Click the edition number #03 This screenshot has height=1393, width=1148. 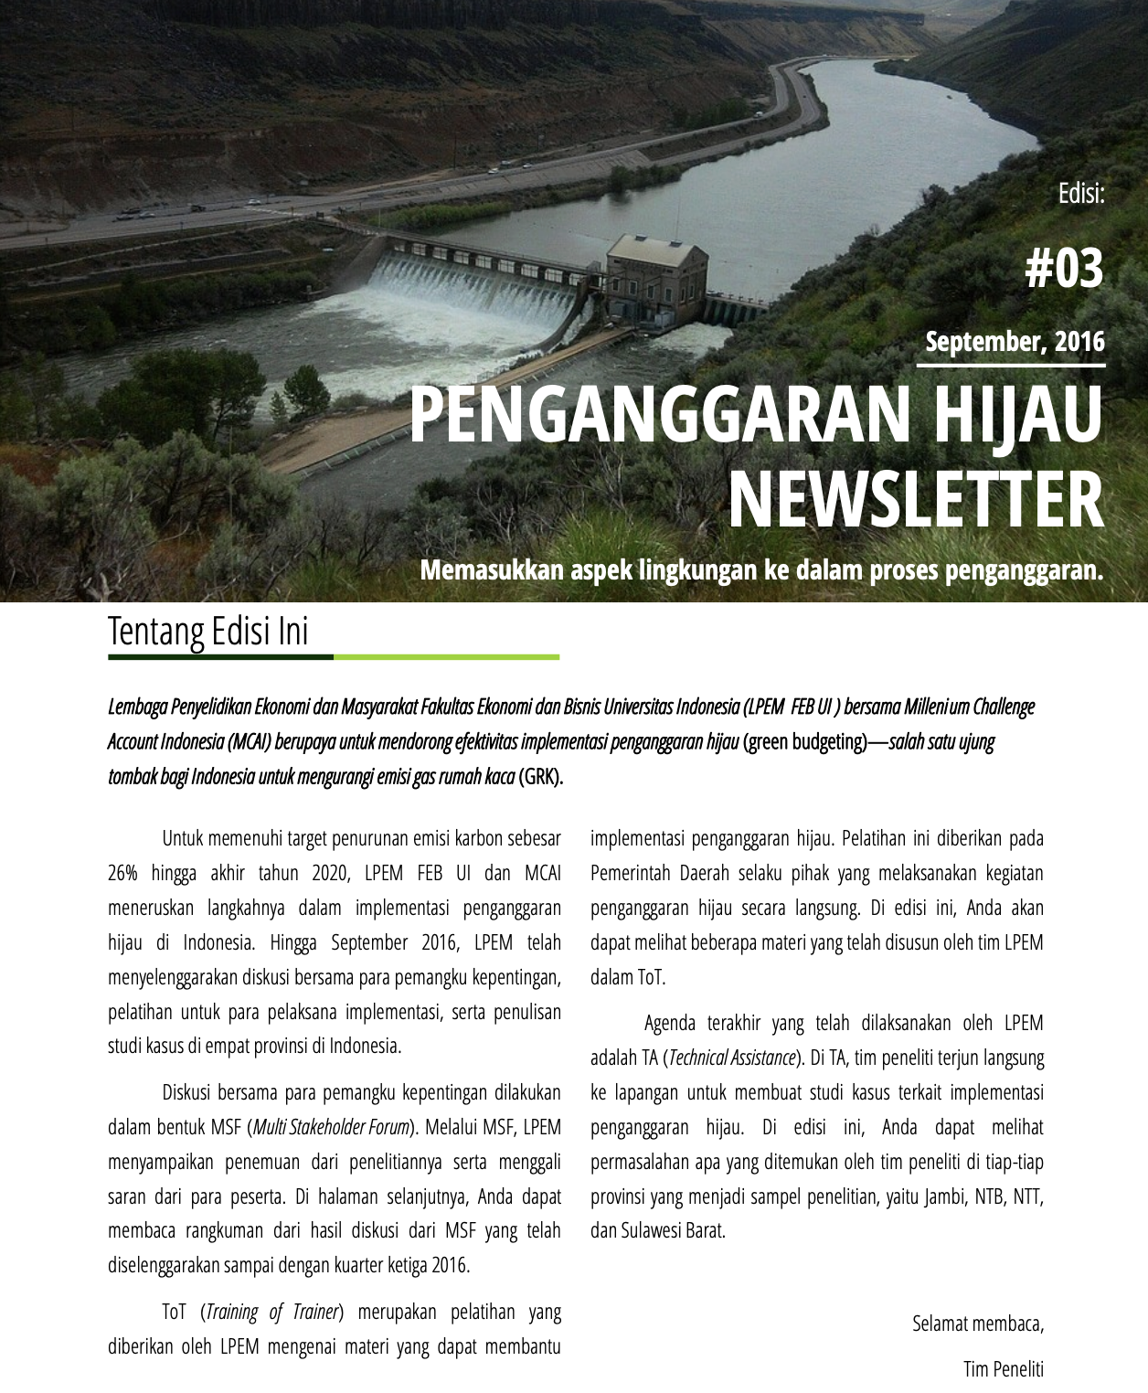point(1064,271)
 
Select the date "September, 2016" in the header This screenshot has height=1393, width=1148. point(1015,342)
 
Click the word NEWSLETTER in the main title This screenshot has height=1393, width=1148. point(915,500)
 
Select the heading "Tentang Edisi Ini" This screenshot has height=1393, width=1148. point(208,632)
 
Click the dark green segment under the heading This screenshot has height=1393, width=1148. point(220,657)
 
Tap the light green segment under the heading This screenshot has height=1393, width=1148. point(446,657)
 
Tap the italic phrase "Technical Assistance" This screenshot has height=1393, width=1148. point(731,1058)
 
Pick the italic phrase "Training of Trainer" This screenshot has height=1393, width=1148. point(273,1312)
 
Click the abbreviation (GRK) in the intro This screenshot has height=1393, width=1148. point(541,777)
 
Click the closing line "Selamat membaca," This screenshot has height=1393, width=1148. point(977,1323)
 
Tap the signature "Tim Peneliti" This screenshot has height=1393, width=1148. point(1003,1368)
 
